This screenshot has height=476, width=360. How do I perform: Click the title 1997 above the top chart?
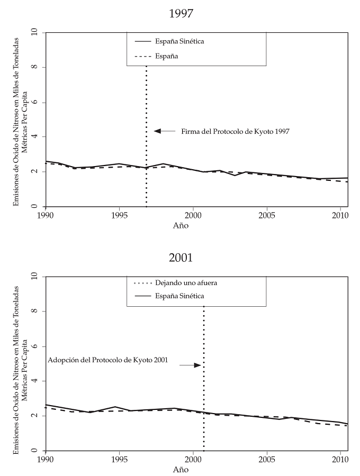[x=181, y=14]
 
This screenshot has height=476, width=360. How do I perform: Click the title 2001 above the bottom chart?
[x=181, y=258]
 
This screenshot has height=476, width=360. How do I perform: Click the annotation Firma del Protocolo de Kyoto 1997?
[x=235, y=131]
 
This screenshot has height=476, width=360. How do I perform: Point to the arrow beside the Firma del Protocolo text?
[x=164, y=131]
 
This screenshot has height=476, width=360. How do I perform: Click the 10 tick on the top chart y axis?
[x=35, y=33]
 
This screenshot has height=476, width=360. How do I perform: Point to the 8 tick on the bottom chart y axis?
[x=35, y=312]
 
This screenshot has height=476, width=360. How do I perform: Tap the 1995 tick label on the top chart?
[x=119, y=216]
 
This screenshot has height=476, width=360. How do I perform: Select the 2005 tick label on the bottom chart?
[x=267, y=460]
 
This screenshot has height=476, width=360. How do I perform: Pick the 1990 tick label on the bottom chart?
[x=46, y=460]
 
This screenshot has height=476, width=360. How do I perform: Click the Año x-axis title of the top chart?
[x=181, y=226]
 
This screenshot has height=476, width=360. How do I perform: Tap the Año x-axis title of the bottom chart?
[x=181, y=470]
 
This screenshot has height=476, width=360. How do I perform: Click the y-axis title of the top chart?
[x=20, y=121]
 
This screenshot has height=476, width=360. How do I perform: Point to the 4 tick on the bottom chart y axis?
[x=35, y=381]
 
